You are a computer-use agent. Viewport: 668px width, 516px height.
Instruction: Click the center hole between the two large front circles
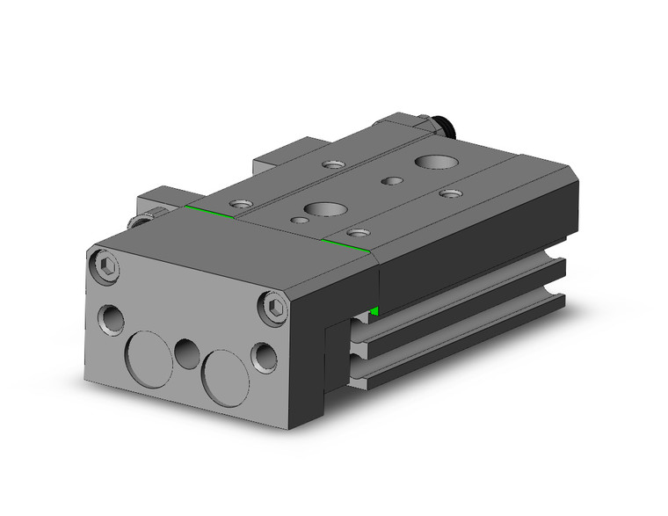(186, 353)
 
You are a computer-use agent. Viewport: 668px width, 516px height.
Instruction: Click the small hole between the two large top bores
(388, 180)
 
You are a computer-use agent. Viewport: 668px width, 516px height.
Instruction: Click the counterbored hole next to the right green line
(357, 234)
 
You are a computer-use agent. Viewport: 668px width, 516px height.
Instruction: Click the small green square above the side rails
(375, 311)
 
